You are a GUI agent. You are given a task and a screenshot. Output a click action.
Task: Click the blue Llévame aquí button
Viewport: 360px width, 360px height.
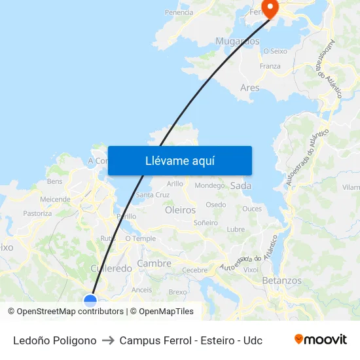click(x=180, y=160)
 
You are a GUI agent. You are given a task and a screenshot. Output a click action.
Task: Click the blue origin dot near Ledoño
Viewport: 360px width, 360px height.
click(x=90, y=300)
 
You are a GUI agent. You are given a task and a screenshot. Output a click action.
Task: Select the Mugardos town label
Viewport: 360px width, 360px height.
click(x=238, y=41)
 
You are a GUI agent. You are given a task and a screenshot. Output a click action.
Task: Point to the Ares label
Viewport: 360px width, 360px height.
click(x=249, y=88)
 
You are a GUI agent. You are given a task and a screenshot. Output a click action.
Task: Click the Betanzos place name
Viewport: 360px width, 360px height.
click(x=281, y=280)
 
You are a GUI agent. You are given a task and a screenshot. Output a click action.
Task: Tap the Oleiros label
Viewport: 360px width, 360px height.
click(x=181, y=210)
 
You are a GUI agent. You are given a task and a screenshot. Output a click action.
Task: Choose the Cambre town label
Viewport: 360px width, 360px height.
click(x=154, y=264)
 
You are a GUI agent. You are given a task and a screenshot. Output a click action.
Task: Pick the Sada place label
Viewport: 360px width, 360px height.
click(x=241, y=186)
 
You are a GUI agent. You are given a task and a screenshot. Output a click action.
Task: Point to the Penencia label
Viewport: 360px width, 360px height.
click(x=179, y=12)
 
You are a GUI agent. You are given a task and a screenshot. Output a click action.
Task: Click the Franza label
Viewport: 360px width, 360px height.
click(x=270, y=66)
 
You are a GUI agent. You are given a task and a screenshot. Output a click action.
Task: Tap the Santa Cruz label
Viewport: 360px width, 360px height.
click(x=153, y=195)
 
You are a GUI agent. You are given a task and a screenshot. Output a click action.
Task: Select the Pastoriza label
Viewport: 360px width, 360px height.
click(x=37, y=213)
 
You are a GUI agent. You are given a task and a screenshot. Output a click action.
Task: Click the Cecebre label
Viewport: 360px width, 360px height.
click(x=194, y=270)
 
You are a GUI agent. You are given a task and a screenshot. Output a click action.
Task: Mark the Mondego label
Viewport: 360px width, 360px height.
click(x=209, y=185)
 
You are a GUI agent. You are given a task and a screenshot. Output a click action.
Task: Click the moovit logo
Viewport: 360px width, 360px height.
click(x=321, y=340)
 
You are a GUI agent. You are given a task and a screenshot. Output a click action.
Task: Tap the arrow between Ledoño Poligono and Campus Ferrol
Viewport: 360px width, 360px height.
click(x=108, y=340)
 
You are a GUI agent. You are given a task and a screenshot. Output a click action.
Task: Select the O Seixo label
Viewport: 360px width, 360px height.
click(x=275, y=50)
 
